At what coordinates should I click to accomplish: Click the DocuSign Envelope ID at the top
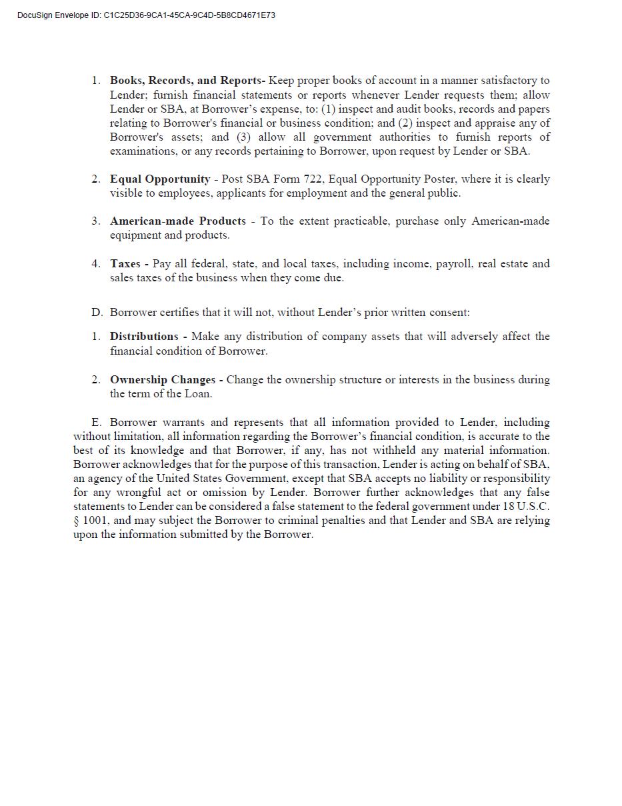(x=146, y=15)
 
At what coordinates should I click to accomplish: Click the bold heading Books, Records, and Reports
(x=187, y=81)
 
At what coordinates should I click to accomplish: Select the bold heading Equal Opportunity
(x=160, y=179)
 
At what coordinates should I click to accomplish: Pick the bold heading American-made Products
(x=177, y=221)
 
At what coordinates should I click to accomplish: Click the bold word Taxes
(x=125, y=264)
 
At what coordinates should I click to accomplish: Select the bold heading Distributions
(x=144, y=337)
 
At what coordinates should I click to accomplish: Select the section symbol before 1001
(x=76, y=521)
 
